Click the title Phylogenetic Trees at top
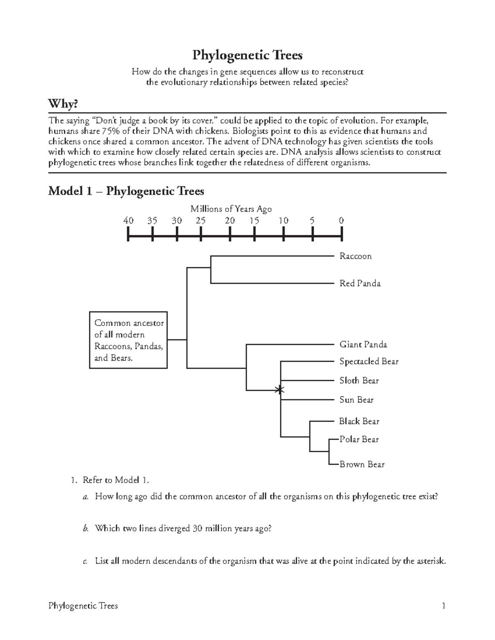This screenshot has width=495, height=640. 247,55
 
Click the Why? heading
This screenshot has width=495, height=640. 63,104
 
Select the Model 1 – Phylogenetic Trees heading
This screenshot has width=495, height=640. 126,191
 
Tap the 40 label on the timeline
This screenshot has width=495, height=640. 128,220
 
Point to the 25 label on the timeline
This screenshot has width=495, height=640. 200,220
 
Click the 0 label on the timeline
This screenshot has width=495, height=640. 341,220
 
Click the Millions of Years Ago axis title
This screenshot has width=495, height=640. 231,209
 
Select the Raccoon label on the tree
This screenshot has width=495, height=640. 355,256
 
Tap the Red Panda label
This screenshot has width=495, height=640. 360,284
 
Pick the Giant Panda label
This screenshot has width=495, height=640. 363,345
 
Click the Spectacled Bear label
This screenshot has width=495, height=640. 369,361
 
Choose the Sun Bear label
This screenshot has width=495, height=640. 356,400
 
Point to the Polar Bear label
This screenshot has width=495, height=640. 358,439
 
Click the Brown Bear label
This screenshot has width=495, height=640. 362,464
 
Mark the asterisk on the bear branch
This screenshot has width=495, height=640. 280,389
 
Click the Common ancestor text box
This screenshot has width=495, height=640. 128,340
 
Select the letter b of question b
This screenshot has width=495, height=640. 85,528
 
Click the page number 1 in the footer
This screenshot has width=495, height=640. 443,606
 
